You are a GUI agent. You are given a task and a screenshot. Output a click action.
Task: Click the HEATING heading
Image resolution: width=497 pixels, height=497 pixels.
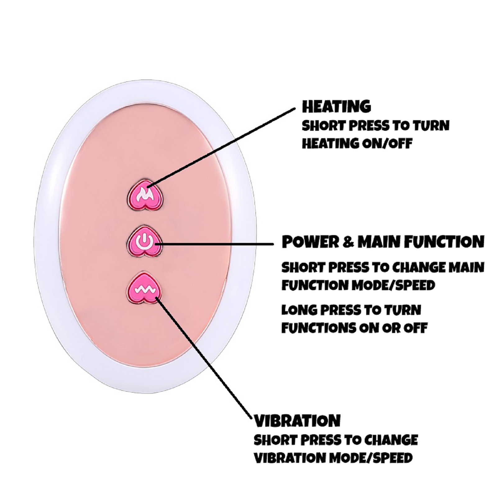(336, 107)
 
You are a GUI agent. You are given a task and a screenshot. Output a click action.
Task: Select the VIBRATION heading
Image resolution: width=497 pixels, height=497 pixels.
(297, 421)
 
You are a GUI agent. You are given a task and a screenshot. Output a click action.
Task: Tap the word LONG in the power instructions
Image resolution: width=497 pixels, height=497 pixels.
(299, 310)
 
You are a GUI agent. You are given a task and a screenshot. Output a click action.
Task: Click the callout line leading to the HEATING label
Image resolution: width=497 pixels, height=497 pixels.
(224, 146)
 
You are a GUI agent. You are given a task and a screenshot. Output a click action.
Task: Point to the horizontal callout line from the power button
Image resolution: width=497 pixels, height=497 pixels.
(217, 244)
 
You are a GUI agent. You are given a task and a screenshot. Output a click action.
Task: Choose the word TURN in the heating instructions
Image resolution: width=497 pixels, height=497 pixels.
(431, 125)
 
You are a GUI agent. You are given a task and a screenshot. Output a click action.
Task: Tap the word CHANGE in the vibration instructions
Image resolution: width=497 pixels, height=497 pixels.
(391, 440)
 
